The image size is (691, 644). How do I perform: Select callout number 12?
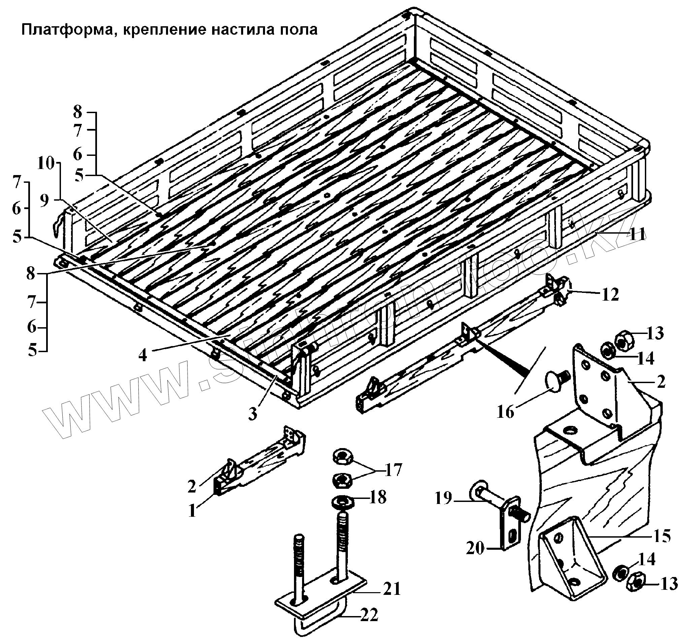click(611, 294)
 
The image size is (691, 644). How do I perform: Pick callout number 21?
click(391, 589)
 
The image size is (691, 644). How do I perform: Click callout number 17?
click(393, 470)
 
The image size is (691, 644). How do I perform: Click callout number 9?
click(44, 201)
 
